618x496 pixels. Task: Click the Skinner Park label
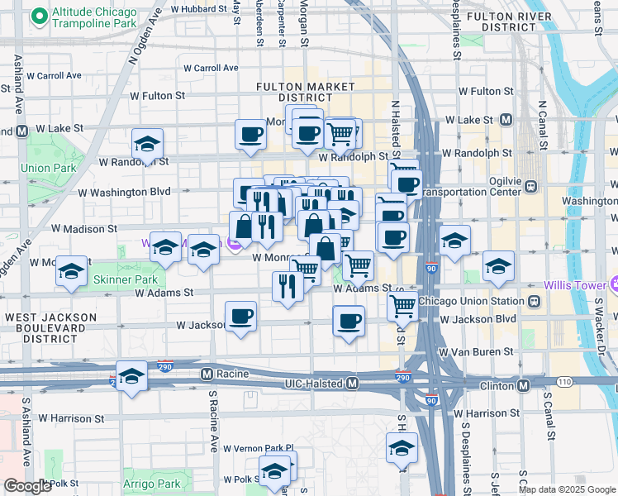[x=124, y=279]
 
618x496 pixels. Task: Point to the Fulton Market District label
[x=295, y=92]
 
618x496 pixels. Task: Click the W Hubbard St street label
[x=198, y=9]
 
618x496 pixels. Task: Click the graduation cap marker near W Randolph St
[x=147, y=143]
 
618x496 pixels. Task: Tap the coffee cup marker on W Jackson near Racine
[x=240, y=316]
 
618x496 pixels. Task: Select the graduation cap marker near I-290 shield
[x=131, y=376]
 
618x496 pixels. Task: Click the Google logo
[x=27, y=486]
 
